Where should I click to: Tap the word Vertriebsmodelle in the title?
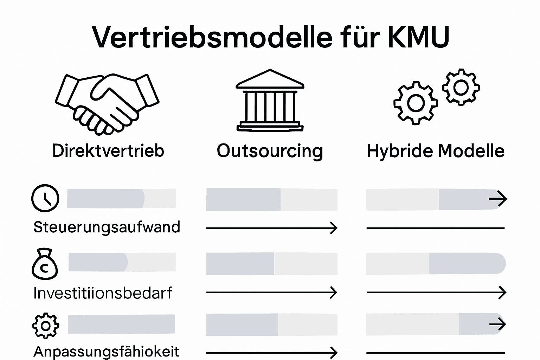click(x=212, y=37)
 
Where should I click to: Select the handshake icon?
click(x=107, y=104)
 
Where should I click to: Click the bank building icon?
click(x=270, y=101)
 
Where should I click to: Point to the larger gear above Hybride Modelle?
click(x=416, y=103)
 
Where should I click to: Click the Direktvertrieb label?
click(x=108, y=150)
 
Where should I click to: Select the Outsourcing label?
click(x=270, y=151)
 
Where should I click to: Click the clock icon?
click(x=45, y=198)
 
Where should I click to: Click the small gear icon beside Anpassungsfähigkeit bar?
click(x=46, y=326)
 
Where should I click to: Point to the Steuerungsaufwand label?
click(x=107, y=227)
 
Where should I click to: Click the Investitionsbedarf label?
click(x=103, y=293)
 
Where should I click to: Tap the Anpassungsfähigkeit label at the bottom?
click(x=106, y=352)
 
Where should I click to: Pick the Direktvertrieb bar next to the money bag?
click(x=122, y=262)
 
